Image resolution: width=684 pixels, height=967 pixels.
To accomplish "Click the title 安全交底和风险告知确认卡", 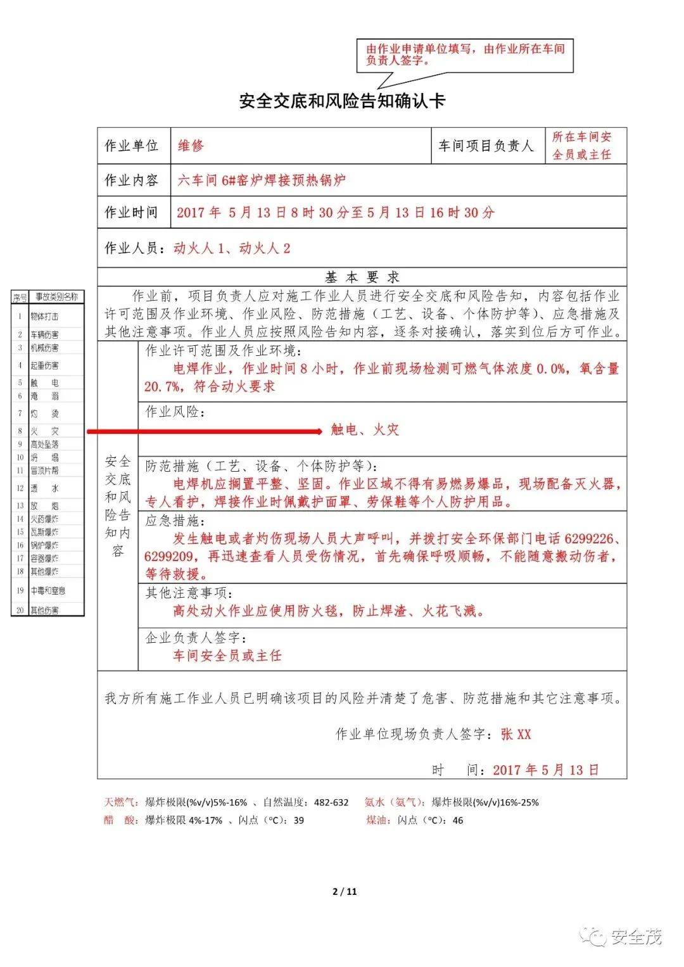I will pyautogui.click(x=342, y=101).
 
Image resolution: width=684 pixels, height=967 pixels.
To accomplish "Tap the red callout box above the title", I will pyautogui.click(x=465, y=54).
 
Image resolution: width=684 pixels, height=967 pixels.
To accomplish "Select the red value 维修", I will pyautogui.click(x=191, y=146).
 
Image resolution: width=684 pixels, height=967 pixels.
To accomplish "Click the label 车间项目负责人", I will pyautogui.click(x=486, y=146).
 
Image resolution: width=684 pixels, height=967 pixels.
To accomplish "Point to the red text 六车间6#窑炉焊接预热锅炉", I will pyautogui.click(x=262, y=180).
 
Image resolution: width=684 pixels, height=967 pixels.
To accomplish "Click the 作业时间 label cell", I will pyautogui.click(x=132, y=212).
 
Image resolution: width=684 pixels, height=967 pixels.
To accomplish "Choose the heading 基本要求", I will pyautogui.click(x=362, y=277).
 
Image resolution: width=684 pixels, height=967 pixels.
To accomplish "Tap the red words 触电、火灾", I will pyautogui.click(x=365, y=430).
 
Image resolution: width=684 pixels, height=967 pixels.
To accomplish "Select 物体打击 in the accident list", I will pyautogui.click(x=44, y=316).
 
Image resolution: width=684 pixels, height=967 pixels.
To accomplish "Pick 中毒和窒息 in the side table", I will pyautogui.click(x=48, y=591).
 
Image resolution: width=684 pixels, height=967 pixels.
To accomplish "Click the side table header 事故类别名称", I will pyautogui.click(x=56, y=296).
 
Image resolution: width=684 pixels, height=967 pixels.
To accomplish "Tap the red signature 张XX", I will pyautogui.click(x=516, y=734).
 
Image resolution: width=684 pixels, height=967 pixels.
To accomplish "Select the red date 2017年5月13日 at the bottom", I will pyautogui.click(x=545, y=770).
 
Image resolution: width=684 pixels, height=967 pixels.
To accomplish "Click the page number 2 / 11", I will pyautogui.click(x=345, y=891).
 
